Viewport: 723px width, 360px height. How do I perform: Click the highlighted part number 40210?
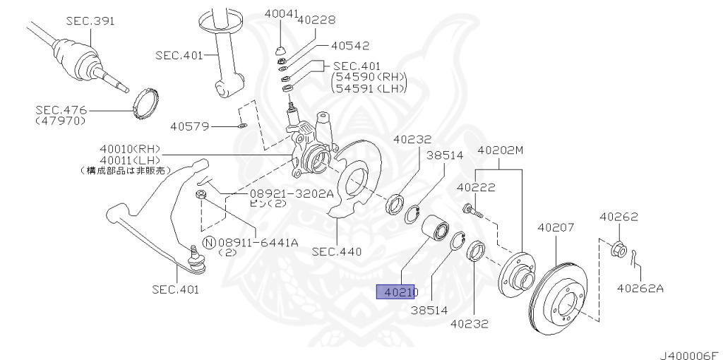click(x=398, y=292)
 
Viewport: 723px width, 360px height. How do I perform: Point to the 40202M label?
click(x=502, y=150)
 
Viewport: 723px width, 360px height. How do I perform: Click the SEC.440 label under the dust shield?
click(x=336, y=251)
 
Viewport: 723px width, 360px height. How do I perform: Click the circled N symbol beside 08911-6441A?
click(x=209, y=243)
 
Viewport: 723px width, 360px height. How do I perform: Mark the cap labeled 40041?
click(x=280, y=49)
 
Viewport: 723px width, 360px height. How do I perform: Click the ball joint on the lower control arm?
click(x=196, y=261)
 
